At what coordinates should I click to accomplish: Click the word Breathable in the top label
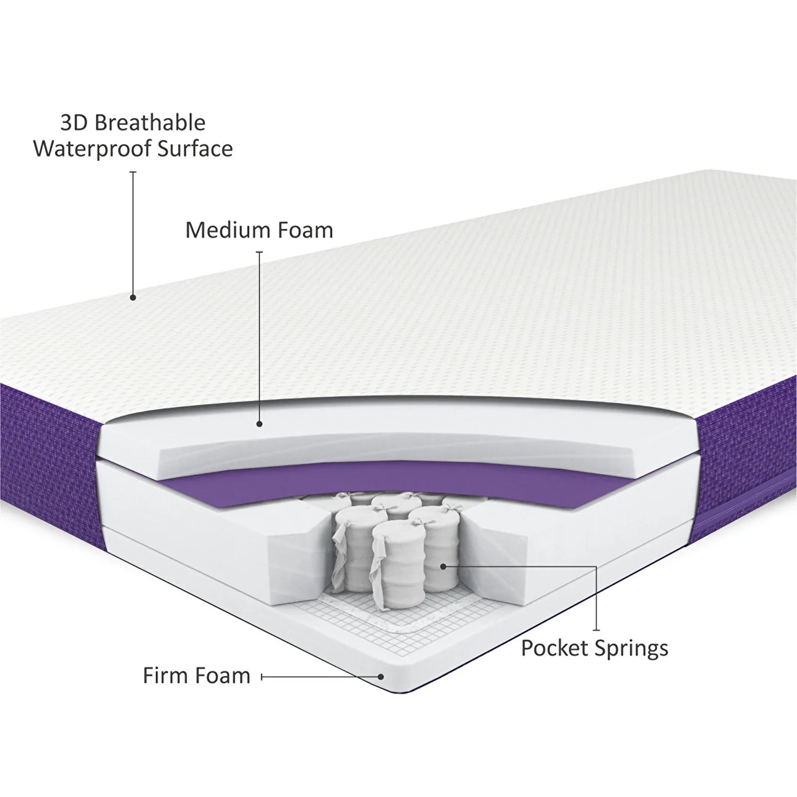[150, 123]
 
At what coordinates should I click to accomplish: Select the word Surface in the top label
[199, 149]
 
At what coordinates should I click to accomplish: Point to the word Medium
[229, 230]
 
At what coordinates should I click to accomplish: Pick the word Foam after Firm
[223, 676]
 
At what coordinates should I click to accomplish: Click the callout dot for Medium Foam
[259, 424]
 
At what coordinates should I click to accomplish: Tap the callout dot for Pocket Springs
[443, 566]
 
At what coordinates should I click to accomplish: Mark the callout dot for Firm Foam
[381, 677]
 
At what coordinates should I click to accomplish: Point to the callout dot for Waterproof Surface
[133, 298]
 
